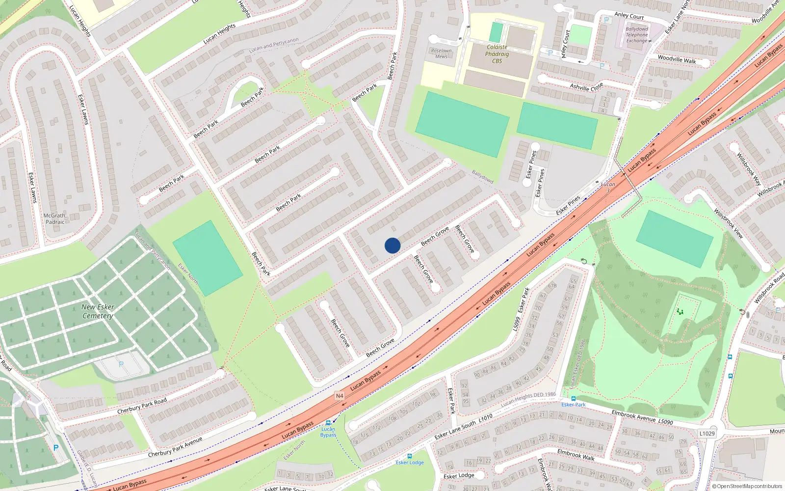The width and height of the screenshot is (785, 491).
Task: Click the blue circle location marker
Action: tap(392, 245)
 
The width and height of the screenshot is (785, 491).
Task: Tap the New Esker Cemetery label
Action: tap(98, 311)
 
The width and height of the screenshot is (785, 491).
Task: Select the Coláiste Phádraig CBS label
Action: tap(497, 54)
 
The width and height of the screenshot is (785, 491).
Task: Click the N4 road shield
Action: tap(340, 396)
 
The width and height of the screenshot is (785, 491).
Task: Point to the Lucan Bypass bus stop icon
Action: tap(328, 423)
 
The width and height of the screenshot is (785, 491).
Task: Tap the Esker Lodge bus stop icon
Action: tap(409, 456)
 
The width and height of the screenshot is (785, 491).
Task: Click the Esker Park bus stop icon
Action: tap(573, 399)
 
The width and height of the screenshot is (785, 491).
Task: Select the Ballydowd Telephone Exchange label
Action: tap(637, 35)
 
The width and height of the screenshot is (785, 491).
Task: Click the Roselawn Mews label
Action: tap(441, 54)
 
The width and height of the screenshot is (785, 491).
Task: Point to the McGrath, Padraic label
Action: tap(55, 219)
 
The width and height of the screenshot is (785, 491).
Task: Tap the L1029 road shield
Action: tap(707, 434)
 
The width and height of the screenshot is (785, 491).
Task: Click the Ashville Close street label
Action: tap(586, 87)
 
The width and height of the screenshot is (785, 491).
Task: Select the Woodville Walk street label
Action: tap(677, 59)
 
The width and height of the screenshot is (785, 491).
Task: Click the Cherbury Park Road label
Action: tap(142, 406)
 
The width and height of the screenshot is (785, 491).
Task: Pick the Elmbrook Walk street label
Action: tap(576, 455)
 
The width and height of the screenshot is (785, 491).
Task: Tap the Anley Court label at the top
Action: tap(629, 15)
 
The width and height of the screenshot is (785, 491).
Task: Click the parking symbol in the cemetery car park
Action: tap(121, 364)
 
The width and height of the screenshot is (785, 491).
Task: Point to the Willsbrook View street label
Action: tap(728, 223)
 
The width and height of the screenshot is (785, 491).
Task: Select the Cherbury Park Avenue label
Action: tap(175, 447)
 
